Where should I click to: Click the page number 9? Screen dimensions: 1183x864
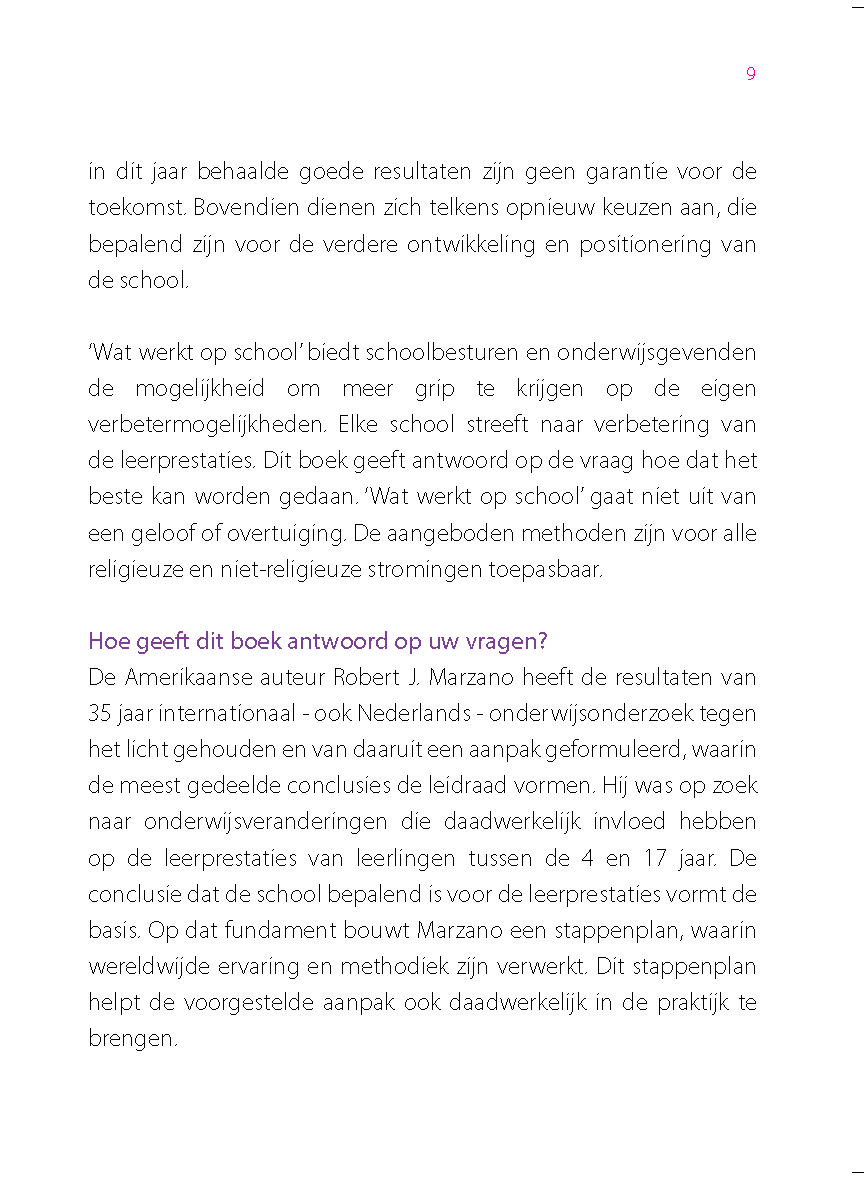coord(751,74)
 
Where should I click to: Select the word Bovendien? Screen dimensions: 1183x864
coord(237,208)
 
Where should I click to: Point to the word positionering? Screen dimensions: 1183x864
coord(634,244)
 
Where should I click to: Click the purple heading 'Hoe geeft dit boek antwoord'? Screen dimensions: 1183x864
coord(317,640)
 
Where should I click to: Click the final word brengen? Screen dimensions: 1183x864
coord(132,1038)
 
